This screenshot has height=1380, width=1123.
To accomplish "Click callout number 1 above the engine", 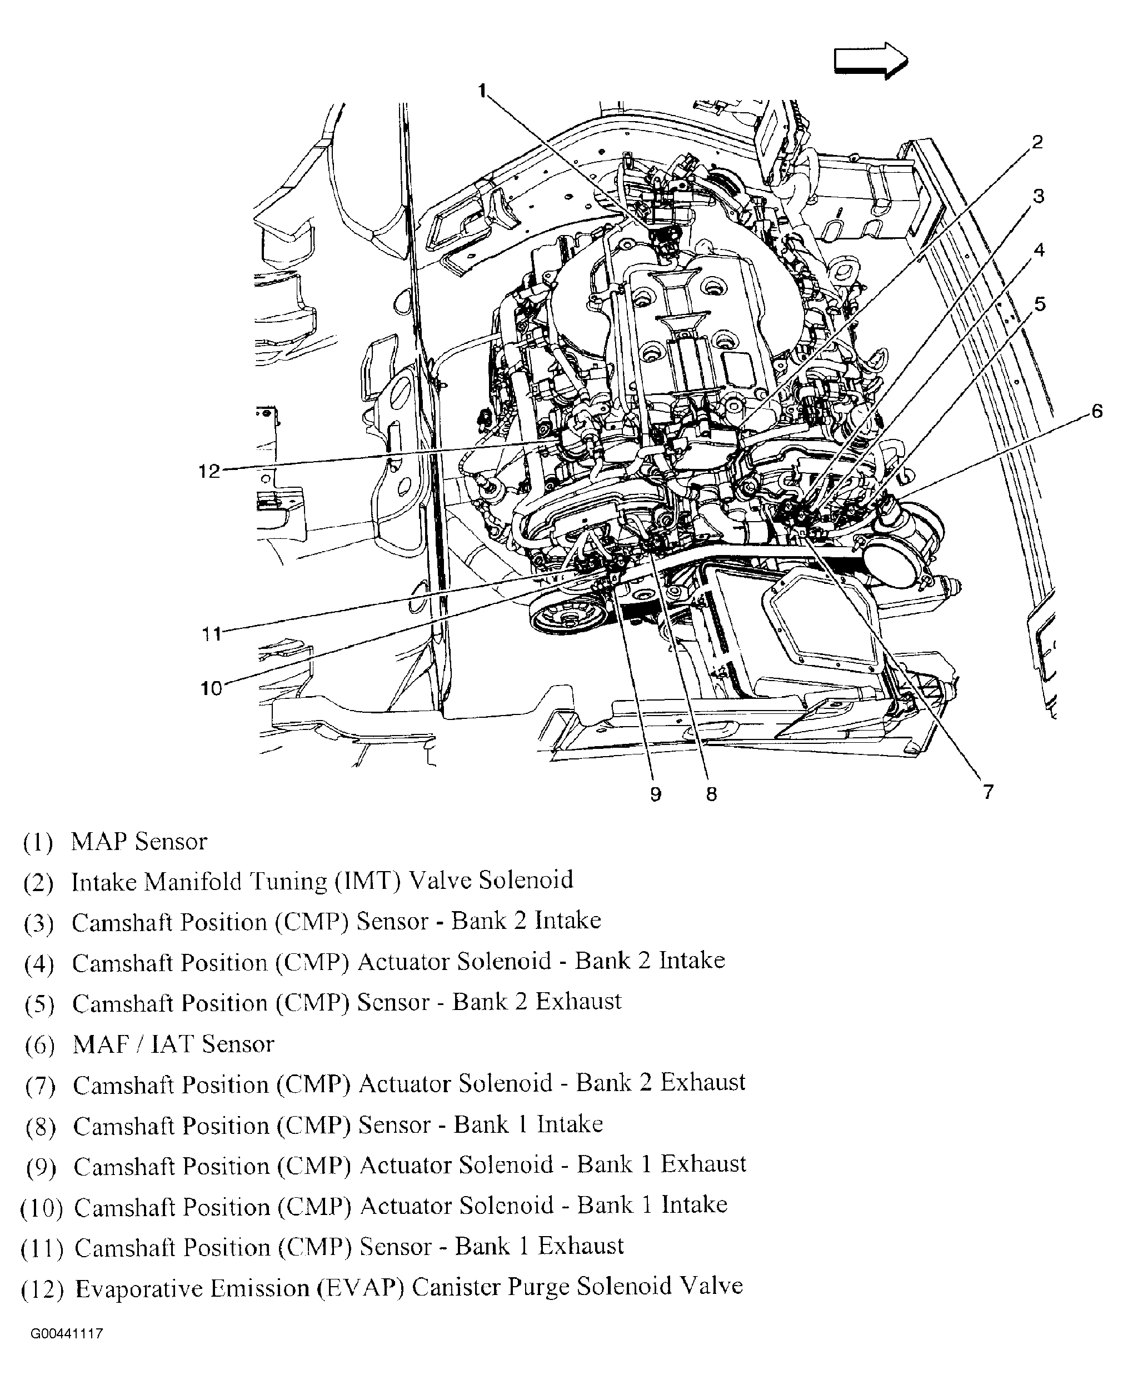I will tap(482, 91).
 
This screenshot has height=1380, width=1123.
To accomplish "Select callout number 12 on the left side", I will tap(209, 472).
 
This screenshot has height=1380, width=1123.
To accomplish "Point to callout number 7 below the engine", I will tap(988, 792).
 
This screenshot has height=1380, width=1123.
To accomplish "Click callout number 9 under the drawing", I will tap(655, 794).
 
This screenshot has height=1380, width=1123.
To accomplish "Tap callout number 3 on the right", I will tap(1038, 196).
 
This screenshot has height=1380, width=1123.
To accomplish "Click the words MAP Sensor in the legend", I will tap(139, 841).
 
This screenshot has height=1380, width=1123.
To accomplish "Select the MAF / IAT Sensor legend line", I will tap(173, 1044).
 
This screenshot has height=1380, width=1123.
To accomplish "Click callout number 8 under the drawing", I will tap(711, 794).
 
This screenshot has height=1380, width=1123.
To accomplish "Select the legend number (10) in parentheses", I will tap(42, 1208).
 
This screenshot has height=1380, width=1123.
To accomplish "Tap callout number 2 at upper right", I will tap(1037, 142).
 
